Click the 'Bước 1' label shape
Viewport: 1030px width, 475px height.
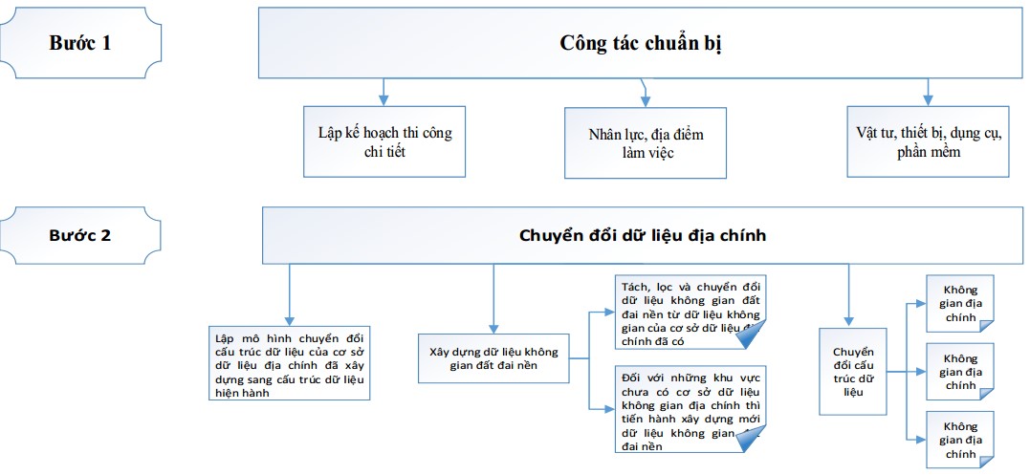coord(80,43)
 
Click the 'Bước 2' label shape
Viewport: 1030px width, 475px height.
coord(80,234)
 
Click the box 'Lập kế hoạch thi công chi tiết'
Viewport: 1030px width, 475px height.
coord(384,141)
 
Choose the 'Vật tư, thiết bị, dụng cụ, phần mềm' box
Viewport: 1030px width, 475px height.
coord(928,141)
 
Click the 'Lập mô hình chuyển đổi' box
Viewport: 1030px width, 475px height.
coord(289,364)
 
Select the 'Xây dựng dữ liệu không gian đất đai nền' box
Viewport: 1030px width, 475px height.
coord(493,357)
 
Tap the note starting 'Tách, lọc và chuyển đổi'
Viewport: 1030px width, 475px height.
coord(690,312)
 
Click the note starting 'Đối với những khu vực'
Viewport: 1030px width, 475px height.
coord(690,409)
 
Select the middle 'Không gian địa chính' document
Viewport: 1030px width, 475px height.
coord(959,371)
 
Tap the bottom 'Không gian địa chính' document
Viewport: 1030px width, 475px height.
coord(959,439)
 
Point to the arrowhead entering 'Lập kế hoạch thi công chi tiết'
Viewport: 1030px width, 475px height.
coord(384,98)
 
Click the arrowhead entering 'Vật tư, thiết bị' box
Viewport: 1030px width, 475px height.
coord(928,98)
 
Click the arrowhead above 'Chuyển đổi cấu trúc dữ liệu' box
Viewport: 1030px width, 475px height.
coord(847,321)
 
